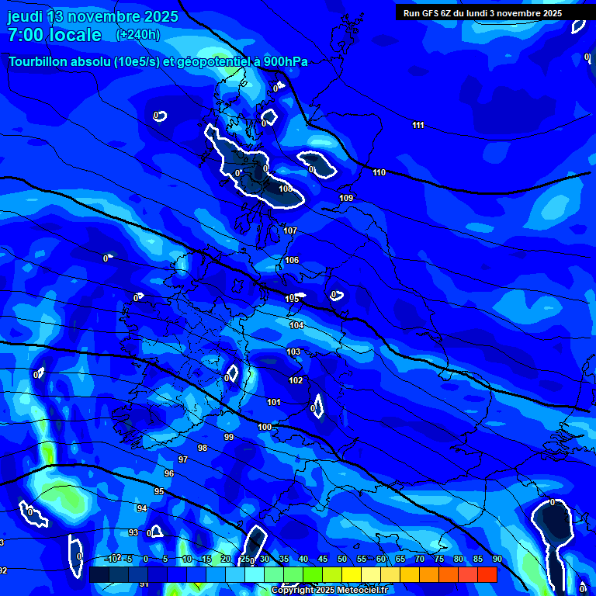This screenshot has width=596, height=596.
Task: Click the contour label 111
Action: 418,125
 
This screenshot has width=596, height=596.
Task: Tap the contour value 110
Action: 379,172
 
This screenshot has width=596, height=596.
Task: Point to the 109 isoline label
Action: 346,198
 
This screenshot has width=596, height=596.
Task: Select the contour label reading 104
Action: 296,325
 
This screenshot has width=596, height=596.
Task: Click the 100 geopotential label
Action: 265,427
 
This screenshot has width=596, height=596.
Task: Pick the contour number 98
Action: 203,448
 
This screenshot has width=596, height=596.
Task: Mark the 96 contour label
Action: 169,473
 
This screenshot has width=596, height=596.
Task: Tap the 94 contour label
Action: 141,508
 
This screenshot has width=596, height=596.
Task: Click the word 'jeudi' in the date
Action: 26,16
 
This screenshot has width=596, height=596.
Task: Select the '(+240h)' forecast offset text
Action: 138,34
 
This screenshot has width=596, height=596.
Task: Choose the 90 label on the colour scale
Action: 497,559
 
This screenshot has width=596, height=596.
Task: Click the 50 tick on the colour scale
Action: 342,559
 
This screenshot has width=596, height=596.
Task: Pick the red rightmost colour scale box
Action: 487,574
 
